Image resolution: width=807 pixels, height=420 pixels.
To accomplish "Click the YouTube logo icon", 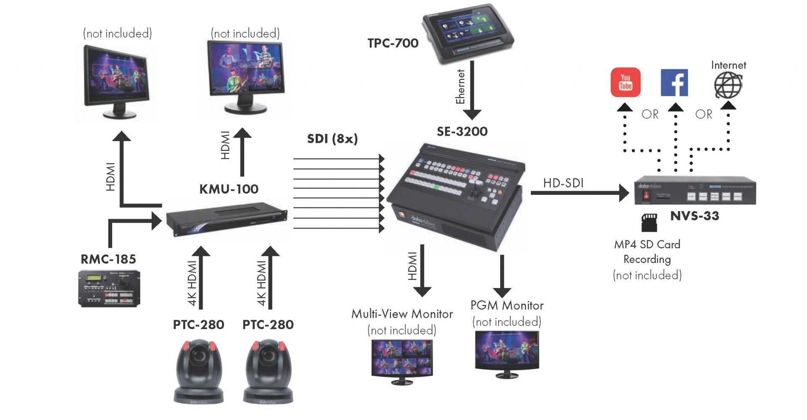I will [625, 82].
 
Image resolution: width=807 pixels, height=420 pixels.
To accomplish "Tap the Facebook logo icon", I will [674, 83].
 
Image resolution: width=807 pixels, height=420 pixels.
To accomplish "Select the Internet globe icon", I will [728, 85].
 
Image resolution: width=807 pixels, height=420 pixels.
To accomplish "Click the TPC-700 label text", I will [393, 43].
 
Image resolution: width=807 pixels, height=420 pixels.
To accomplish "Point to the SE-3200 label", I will [462, 131].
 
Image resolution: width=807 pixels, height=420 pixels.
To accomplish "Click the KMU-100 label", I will [229, 189].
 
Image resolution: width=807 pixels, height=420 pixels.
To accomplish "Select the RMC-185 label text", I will [108, 259].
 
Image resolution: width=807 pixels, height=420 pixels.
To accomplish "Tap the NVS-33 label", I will [694, 216].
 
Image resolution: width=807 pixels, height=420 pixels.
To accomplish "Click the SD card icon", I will [649, 222].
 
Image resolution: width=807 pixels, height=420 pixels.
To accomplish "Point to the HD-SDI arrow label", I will [563, 183].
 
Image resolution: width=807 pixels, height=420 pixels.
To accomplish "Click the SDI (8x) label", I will [332, 139].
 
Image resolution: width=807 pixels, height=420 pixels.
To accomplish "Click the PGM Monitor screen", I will [506, 349].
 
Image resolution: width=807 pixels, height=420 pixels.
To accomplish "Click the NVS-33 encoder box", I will [694, 192].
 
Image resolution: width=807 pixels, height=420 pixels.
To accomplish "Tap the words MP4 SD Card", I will [647, 244].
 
